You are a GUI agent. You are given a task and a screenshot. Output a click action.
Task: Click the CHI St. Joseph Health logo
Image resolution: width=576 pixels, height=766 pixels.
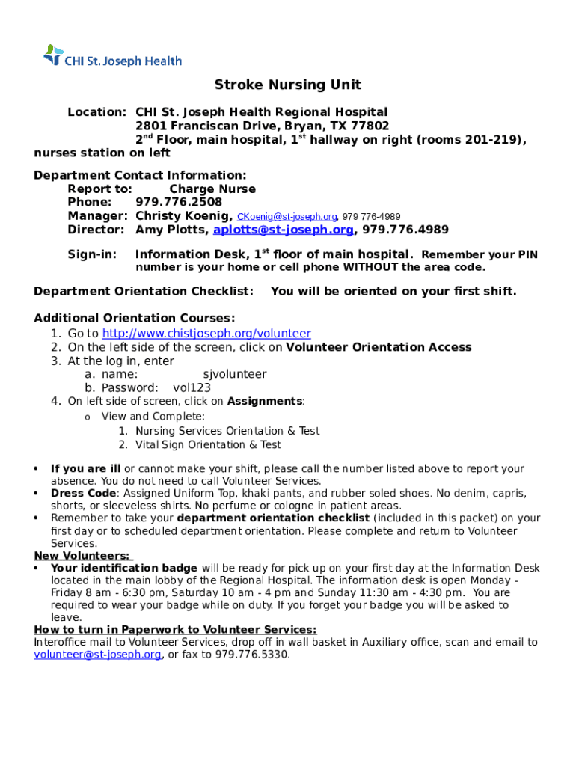click(112, 57)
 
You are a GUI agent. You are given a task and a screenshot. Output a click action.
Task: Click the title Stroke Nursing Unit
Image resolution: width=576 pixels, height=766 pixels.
click(288, 85)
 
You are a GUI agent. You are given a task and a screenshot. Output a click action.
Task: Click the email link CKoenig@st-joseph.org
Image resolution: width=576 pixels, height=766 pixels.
click(287, 217)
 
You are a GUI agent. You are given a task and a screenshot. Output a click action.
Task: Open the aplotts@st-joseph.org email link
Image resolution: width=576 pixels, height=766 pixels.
click(284, 230)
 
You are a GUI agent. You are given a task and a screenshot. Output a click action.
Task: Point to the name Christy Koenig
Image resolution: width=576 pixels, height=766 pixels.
click(183, 216)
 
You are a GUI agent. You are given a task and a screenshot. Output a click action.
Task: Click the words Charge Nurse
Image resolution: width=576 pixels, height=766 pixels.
click(212, 189)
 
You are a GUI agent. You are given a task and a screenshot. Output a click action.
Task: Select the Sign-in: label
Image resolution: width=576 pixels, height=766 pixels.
click(92, 254)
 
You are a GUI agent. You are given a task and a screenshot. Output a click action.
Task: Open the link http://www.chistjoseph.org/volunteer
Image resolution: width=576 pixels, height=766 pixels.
click(206, 334)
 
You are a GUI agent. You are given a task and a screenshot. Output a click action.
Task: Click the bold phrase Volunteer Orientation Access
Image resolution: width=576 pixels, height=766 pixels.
click(379, 347)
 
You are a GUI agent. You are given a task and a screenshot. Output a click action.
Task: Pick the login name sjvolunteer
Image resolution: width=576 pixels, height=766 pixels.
click(234, 374)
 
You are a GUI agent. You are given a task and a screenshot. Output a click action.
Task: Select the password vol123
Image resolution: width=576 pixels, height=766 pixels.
click(192, 387)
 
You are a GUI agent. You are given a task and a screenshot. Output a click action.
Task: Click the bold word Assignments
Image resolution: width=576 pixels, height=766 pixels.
click(264, 401)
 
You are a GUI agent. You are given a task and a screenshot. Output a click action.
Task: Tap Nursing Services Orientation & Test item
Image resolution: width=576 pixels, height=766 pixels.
click(227, 431)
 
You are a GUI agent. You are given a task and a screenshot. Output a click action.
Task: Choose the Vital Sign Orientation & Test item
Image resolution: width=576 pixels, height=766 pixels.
click(208, 444)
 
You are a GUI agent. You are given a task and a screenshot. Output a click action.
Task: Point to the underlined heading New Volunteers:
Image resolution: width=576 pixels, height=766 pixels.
click(82, 555)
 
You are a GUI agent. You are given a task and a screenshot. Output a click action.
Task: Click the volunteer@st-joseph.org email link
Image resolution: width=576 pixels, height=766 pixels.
click(97, 655)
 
